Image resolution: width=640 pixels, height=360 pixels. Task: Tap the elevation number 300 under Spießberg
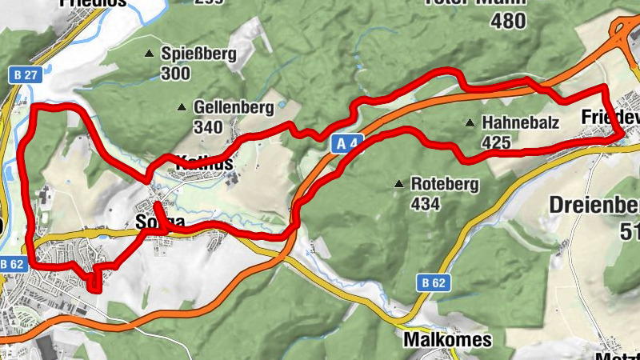[175, 74]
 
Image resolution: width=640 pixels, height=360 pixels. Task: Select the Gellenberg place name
[230, 107]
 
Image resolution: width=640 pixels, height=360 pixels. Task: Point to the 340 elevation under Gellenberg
[208, 127]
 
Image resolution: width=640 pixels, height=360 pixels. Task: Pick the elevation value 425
[497, 143]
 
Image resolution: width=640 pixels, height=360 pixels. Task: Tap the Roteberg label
[444, 184]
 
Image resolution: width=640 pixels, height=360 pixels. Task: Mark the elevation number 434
[426, 204]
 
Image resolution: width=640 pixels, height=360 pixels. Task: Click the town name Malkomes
[448, 340]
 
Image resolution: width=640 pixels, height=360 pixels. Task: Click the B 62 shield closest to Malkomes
[432, 282]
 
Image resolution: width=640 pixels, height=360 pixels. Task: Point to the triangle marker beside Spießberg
[149, 54]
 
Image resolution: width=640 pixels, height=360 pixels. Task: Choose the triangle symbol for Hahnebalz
[470, 124]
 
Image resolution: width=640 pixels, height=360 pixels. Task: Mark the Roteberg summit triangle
[398, 185]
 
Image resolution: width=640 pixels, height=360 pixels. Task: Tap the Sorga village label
[160, 222]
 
